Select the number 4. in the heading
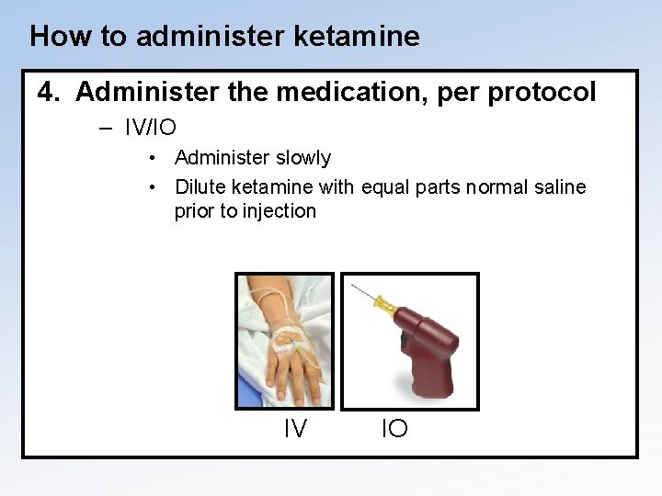pos(50,93)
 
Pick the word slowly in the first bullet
pos(302,158)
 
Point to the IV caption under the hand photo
pos(294,428)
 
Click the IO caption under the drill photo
pos(394,428)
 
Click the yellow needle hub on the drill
pos(387,309)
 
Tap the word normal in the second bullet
pos(492,187)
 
